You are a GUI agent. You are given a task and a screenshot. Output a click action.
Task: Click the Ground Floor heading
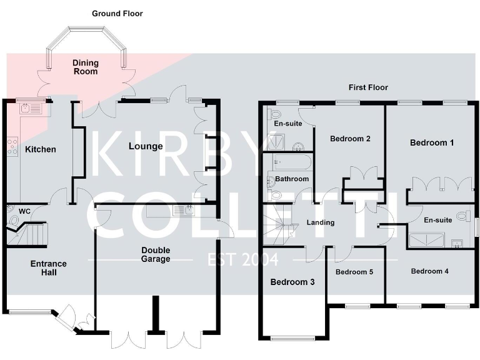tap(117, 13)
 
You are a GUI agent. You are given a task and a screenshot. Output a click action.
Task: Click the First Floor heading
tap(369, 87)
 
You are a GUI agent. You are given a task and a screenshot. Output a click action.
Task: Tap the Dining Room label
tap(85, 67)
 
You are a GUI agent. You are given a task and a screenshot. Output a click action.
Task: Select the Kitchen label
tap(40, 149)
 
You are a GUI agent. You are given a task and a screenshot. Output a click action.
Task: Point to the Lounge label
tap(146, 146)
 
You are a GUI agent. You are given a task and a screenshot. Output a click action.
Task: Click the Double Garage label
tap(156, 254)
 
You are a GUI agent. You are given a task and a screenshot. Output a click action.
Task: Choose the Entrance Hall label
tap(48, 268)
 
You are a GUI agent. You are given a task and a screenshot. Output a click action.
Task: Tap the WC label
tap(24, 211)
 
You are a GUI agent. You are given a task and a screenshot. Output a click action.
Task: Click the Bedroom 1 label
tap(432, 142)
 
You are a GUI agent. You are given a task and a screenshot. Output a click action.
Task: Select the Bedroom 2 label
tap(350, 139)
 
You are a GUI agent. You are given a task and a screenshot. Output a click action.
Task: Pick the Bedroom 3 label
tap(292, 282)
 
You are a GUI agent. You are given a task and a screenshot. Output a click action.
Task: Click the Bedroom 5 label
tap(354, 272)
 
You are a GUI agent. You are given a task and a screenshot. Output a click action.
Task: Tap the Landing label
tap(321, 222)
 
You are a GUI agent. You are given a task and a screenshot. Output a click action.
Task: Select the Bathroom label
tap(292, 179)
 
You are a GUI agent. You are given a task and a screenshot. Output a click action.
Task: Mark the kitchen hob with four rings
tap(12, 146)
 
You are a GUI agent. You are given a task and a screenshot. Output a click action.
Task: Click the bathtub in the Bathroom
tap(291, 163)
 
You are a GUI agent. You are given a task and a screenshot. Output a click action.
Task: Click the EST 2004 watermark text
tap(242, 259)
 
